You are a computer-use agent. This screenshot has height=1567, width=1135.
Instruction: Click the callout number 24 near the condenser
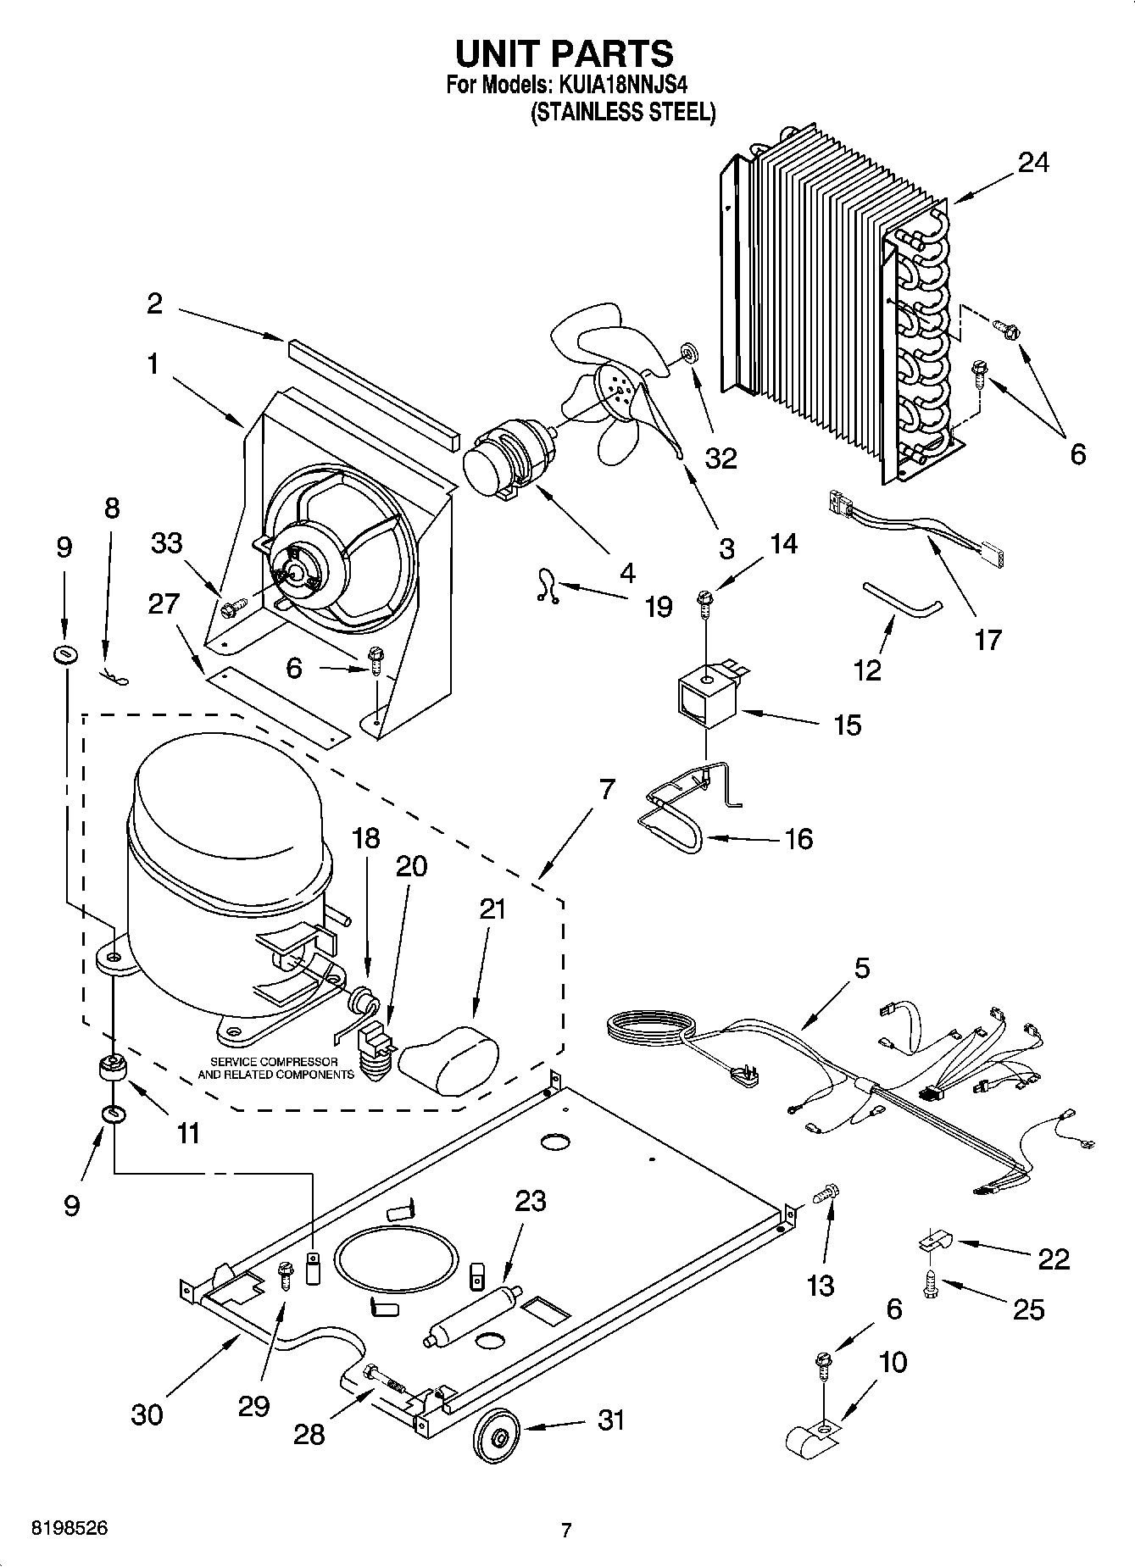[1033, 162]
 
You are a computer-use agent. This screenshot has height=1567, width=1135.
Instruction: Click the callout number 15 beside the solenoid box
[847, 725]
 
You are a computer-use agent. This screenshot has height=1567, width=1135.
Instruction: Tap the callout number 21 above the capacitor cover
[492, 909]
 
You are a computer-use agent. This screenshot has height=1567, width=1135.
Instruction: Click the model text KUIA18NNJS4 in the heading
[623, 85]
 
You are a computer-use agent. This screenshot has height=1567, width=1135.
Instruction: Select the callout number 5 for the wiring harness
[861, 968]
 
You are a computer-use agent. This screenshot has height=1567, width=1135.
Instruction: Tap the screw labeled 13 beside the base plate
[823, 1194]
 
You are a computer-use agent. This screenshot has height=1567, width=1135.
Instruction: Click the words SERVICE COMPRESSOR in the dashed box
[274, 1062]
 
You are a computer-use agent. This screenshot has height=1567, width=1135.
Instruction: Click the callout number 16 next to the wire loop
[798, 839]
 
